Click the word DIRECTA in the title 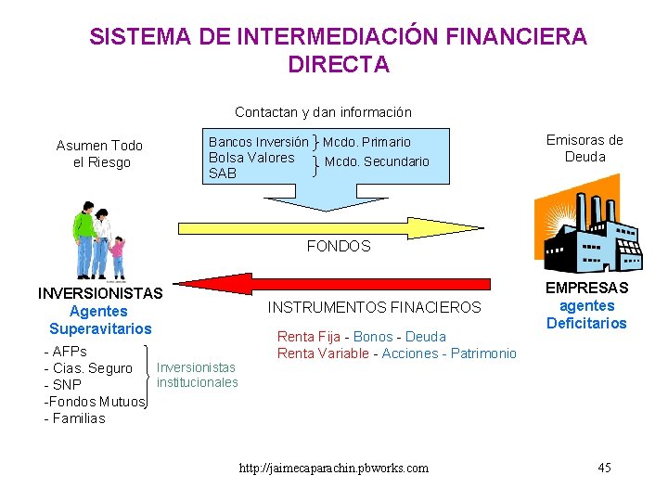pyautogui.click(x=339, y=65)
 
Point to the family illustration pyautogui.click(x=98, y=240)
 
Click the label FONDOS pyautogui.click(x=339, y=247)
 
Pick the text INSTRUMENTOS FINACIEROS pyautogui.click(x=375, y=307)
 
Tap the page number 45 pyautogui.click(x=604, y=467)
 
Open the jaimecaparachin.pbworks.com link pyautogui.click(x=333, y=468)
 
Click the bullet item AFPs pyautogui.click(x=66, y=352)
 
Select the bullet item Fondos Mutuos pyautogui.click(x=95, y=402)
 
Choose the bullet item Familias pyautogui.click(x=75, y=418)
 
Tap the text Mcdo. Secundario pyautogui.click(x=377, y=161)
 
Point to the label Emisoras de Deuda pyautogui.click(x=584, y=148)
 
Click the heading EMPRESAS pyautogui.click(x=586, y=288)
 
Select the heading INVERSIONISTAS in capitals pyautogui.click(x=100, y=293)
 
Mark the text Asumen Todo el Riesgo pyautogui.click(x=100, y=154)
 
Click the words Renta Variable pyautogui.click(x=323, y=353)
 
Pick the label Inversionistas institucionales pyautogui.click(x=197, y=375)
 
